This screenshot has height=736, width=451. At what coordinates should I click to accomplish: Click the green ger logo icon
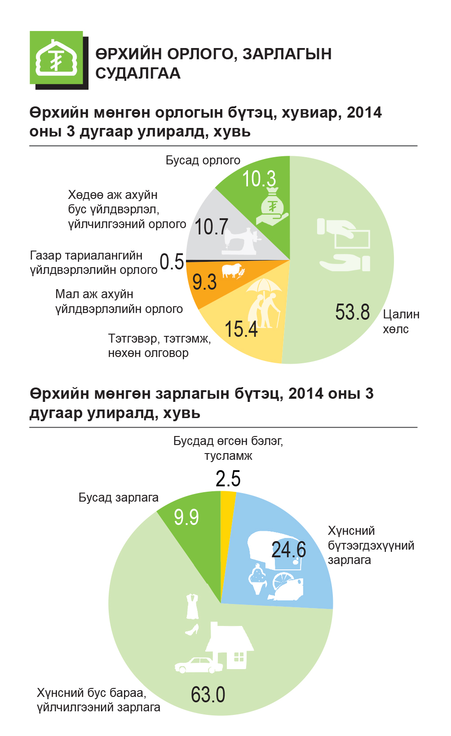[57, 58]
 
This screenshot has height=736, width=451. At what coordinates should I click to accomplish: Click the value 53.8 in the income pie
[352, 312]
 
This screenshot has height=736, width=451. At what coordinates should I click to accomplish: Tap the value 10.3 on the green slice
[259, 179]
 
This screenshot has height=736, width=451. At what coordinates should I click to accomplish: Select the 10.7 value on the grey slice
[211, 227]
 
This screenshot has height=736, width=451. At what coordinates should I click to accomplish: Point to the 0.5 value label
[172, 262]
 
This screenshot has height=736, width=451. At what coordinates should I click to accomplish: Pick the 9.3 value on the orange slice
[204, 282]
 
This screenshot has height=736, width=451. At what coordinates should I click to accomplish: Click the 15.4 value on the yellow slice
[241, 329]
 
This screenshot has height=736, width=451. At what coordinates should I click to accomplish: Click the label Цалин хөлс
[401, 322]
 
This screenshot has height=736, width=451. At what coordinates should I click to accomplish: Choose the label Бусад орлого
[203, 160]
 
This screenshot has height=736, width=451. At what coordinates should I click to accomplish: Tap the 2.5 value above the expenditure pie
[228, 479]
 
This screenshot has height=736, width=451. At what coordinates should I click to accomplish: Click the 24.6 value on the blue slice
[289, 550]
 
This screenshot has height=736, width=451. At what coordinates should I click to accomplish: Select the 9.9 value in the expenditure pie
[186, 517]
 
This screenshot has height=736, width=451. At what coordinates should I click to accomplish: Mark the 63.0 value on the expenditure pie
[208, 695]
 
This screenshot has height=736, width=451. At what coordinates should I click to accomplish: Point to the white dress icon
[192, 606]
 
